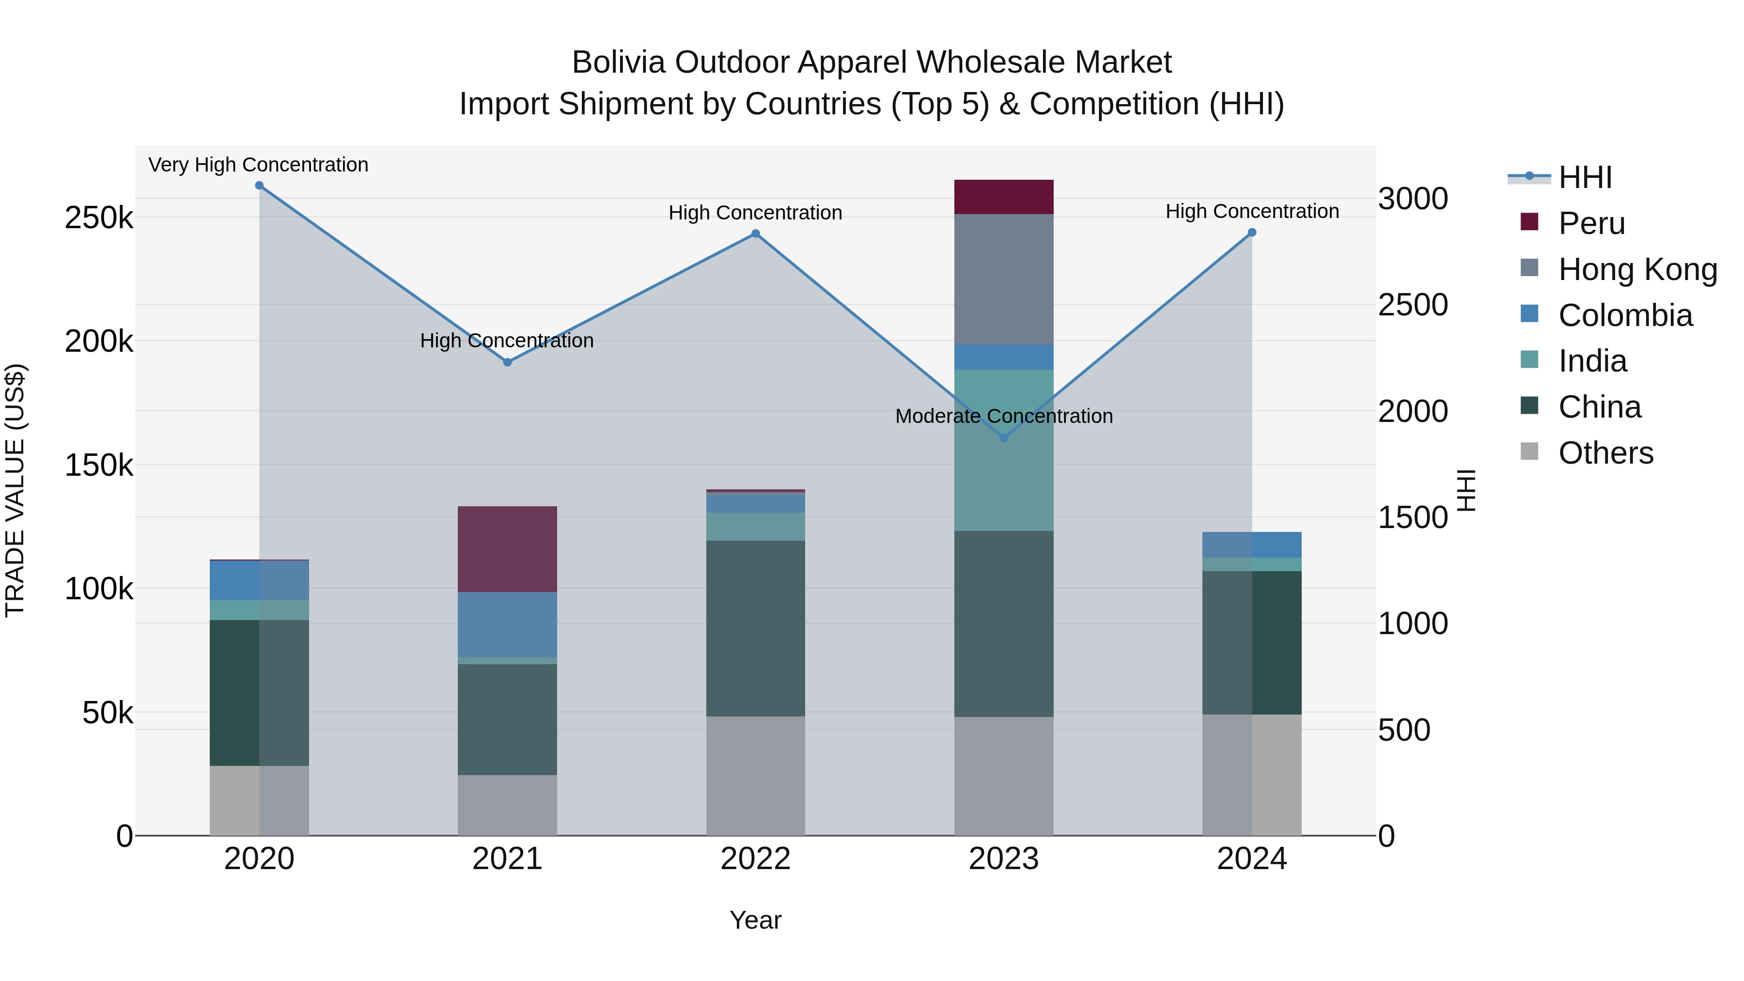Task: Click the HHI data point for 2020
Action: point(259,186)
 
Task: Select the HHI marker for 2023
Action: point(1004,438)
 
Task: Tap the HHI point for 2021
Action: point(508,362)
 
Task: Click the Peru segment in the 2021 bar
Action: point(507,549)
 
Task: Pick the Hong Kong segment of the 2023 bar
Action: point(1004,279)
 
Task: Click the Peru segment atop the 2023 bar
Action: point(1004,197)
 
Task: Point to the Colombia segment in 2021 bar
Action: point(507,624)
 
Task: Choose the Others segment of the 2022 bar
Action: point(756,776)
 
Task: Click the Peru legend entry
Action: point(1591,223)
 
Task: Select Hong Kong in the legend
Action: point(1637,269)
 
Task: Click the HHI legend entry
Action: point(1584,177)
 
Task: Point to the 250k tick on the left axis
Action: point(99,218)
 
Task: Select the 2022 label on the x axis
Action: point(756,859)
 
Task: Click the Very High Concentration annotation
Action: point(259,165)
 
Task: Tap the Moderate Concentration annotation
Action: point(1004,416)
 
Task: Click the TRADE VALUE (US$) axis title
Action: point(15,490)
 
